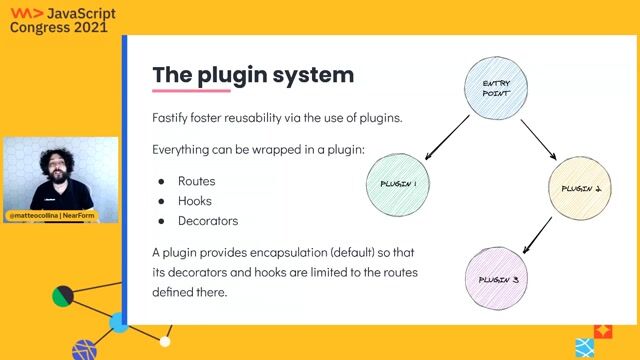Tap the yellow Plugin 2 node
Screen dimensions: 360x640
coord(583,188)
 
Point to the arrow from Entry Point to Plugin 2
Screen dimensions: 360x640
coord(540,137)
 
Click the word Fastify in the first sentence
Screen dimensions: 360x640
coord(172,117)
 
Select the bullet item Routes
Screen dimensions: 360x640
coord(197,182)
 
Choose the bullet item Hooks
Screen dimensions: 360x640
coord(196,201)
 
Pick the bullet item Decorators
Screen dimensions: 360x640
coord(208,221)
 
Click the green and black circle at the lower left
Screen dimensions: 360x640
coord(63,296)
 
